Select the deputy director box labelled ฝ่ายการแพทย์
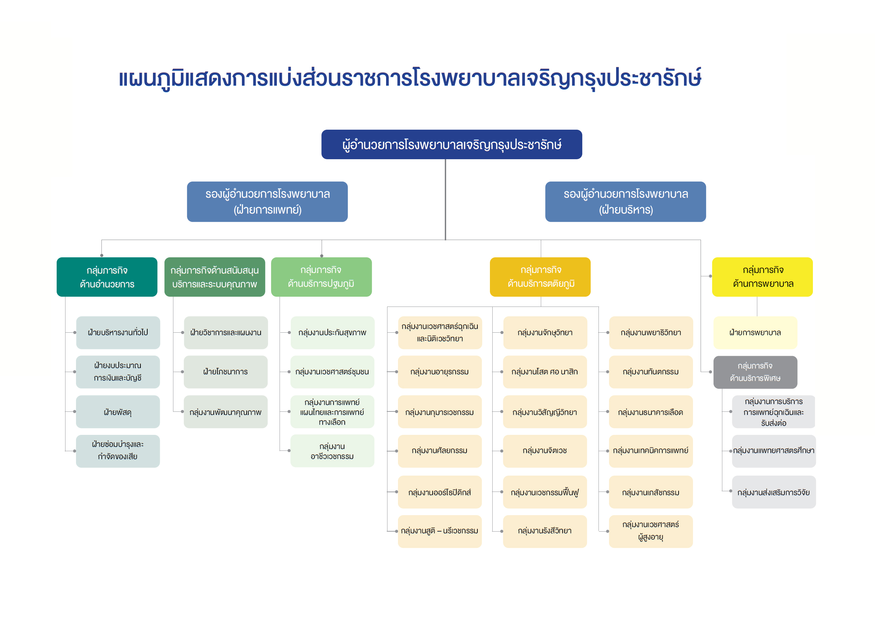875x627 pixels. coord(267,202)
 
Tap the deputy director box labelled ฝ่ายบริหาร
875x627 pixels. coord(625,202)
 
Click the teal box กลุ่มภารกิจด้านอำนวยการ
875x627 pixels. coord(107,277)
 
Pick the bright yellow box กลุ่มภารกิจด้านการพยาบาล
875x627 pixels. coord(762,277)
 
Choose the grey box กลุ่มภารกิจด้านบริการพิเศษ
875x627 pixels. coord(755,372)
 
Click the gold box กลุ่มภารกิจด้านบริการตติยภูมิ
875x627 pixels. coord(540,277)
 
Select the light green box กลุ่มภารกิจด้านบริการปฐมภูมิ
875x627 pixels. coord(321,277)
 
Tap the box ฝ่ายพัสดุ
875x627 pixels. coord(118,411)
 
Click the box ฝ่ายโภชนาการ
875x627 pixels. coord(226,372)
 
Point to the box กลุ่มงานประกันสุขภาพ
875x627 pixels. coord(332,332)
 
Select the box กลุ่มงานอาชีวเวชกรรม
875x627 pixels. coord(332,451)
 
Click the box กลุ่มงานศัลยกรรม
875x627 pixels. coord(440,451)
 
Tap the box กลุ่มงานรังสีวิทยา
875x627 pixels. coord(545,531)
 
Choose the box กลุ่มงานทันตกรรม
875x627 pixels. coord(651,372)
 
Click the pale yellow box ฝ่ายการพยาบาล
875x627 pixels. coord(755,332)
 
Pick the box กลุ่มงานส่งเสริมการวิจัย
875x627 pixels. coord(774,492)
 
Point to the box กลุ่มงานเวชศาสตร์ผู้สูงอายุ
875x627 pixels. coord(651,531)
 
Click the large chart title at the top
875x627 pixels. coord(410,78)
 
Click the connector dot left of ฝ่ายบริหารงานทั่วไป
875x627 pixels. coord(74,332)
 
